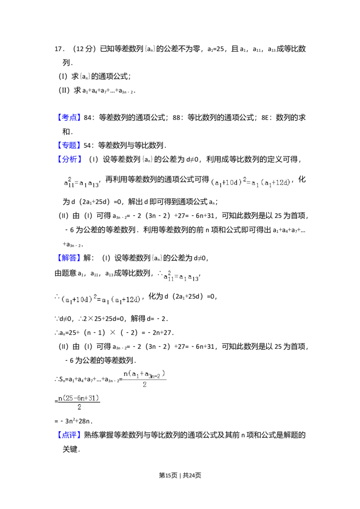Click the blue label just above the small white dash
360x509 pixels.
(x=70, y=118)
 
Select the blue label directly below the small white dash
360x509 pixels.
(x=70, y=145)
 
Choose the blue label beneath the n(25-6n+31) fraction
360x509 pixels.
(x=70, y=434)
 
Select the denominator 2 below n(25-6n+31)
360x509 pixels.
(x=79, y=407)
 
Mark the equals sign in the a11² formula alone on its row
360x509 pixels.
(x=176, y=277)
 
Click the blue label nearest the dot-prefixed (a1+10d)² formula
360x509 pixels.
(x=70, y=258)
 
